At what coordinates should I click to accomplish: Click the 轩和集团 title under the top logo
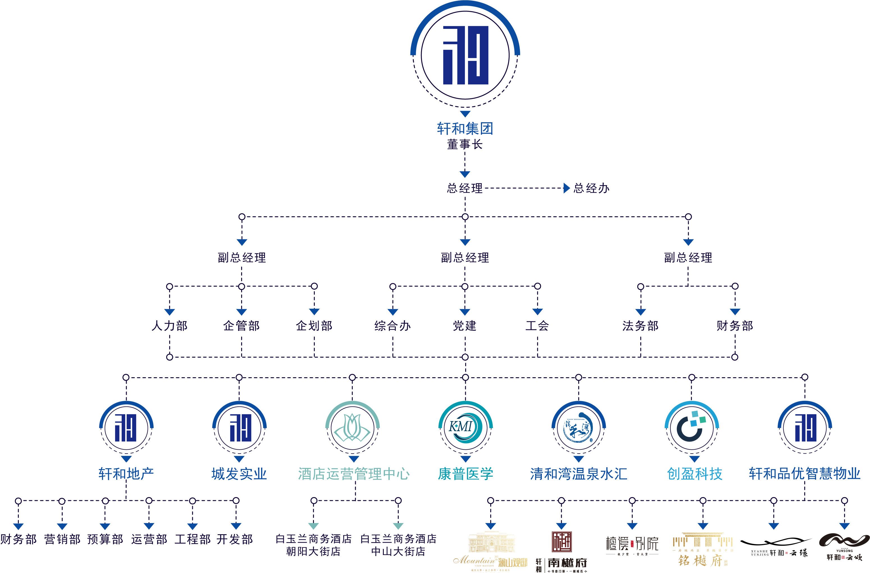pos(465,128)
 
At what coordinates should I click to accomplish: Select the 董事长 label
pos(465,144)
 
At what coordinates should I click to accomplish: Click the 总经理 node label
pos(465,188)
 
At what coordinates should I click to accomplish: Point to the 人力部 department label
pos(170,326)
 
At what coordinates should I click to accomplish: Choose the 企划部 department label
pos(314,326)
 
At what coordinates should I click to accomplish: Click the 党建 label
pos(465,326)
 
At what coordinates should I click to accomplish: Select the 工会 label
pos(537,326)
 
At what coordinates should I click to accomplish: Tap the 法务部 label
pos(640,326)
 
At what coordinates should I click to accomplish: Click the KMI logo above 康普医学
pos(465,428)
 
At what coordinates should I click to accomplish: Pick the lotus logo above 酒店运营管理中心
pos(352,428)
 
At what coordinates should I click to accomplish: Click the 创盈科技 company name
pos(695,474)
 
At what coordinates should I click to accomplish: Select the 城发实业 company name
pos(239,474)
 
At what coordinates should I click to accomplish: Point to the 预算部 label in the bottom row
pos(105,539)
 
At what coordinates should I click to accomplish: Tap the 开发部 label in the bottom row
pos(235,539)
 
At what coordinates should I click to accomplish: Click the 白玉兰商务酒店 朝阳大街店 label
pos(313,545)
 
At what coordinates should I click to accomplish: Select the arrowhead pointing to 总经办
pos(567,188)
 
